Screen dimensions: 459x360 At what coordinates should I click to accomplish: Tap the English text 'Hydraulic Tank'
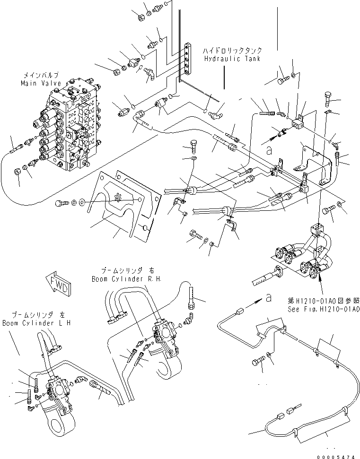point(233,59)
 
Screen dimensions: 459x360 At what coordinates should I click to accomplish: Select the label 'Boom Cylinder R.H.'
point(126,279)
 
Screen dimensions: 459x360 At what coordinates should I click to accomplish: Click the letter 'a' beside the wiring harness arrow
point(269,298)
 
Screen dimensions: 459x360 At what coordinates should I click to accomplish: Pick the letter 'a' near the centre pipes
point(269,151)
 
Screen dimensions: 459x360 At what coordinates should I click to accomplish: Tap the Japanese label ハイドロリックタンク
point(233,50)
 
